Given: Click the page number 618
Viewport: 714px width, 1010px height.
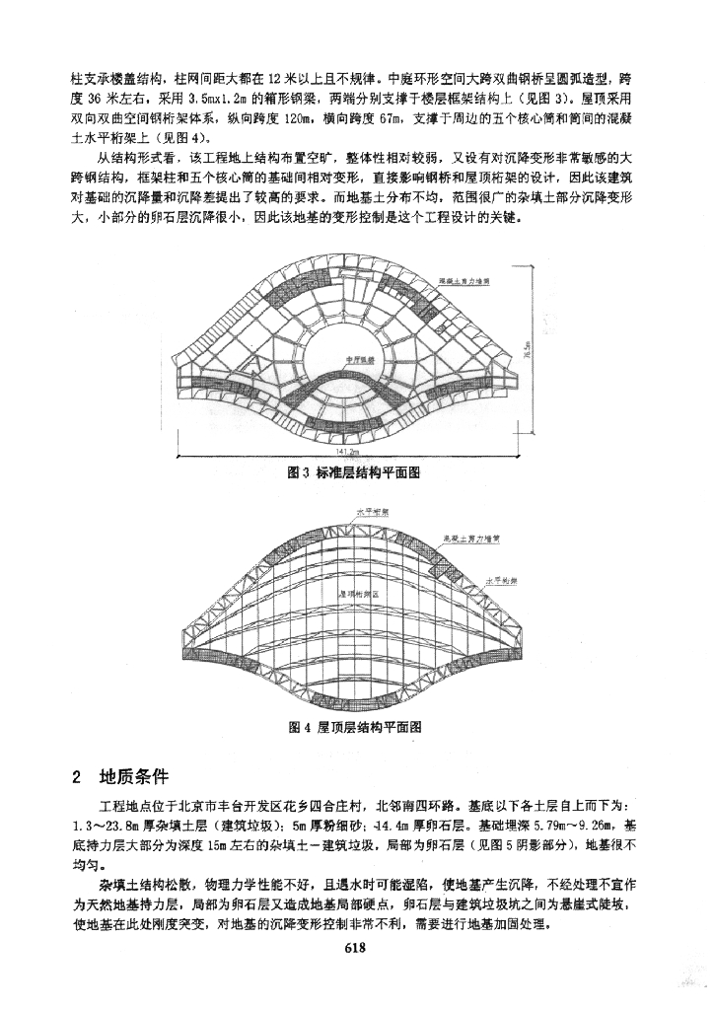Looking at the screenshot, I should point(356,949).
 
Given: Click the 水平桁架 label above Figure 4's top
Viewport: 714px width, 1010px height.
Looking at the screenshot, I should point(371,513).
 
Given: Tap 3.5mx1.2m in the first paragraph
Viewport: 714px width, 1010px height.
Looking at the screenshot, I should point(215,100).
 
